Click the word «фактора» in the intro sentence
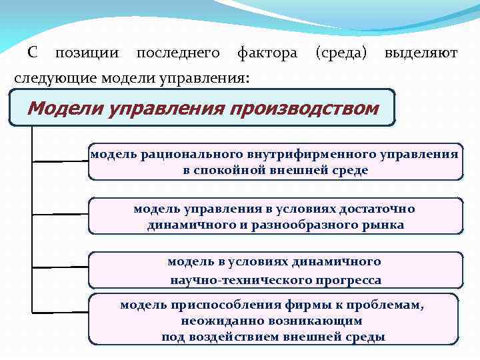[x=267, y=53]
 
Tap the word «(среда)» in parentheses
[x=341, y=53]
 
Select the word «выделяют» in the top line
[x=421, y=53]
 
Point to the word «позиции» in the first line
[x=87, y=53]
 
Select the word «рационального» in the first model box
[x=180, y=155]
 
